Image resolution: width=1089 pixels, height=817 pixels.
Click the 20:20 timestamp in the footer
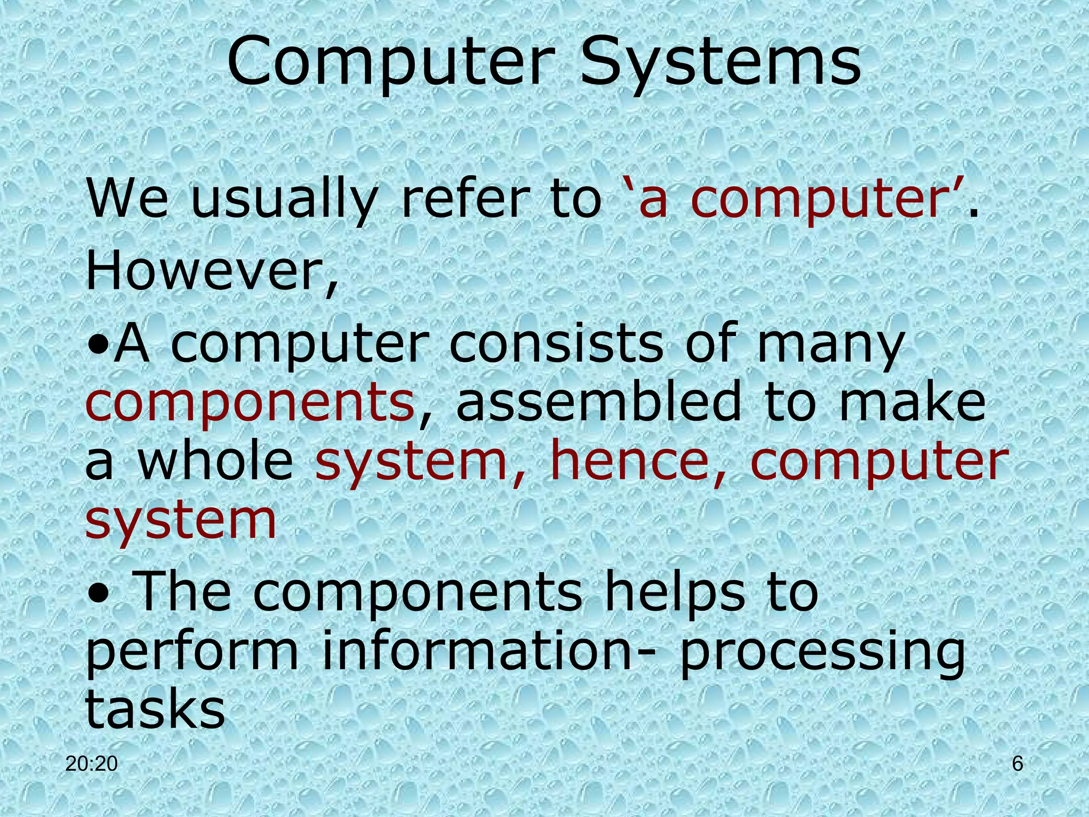(x=91, y=764)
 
